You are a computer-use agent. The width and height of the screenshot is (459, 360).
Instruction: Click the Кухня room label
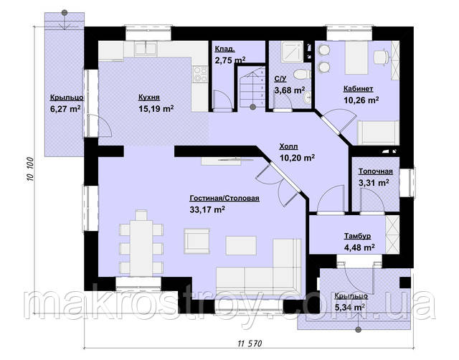(x=149, y=97)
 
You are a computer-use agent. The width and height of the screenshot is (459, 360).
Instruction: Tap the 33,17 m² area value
(x=207, y=209)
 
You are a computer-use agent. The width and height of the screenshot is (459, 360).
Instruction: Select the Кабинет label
(x=358, y=88)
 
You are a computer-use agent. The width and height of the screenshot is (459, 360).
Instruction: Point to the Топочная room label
(x=376, y=171)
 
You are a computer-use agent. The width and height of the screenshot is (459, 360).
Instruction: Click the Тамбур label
(x=357, y=236)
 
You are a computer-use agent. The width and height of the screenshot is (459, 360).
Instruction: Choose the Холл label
(x=288, y=146)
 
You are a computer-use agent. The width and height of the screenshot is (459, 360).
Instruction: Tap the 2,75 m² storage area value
(x=230, y=60)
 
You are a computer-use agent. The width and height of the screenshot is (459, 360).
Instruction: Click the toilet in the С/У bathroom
(x=302, y=74)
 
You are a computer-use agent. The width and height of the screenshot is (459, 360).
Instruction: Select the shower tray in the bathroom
(x=292, y=52)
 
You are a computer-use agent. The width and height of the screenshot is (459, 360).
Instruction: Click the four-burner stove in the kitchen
(x=200, y=75)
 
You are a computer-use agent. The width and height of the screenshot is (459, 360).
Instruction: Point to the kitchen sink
(x=145, y=48)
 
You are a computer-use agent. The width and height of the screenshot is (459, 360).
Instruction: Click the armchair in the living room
(x=197, y=241)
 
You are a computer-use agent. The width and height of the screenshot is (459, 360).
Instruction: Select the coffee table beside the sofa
(x=241, y=245)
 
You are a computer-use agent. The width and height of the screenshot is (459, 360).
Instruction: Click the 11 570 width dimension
(x=250, y=344)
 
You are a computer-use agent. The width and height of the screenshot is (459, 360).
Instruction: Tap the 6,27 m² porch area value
(x=65, y=109)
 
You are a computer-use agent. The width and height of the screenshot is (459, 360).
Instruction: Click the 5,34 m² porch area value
(x=350, y=308)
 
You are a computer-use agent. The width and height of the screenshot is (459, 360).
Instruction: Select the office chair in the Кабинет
(x=382, y=57)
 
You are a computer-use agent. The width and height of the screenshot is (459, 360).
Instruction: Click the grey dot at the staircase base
(x=253, y=107)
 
